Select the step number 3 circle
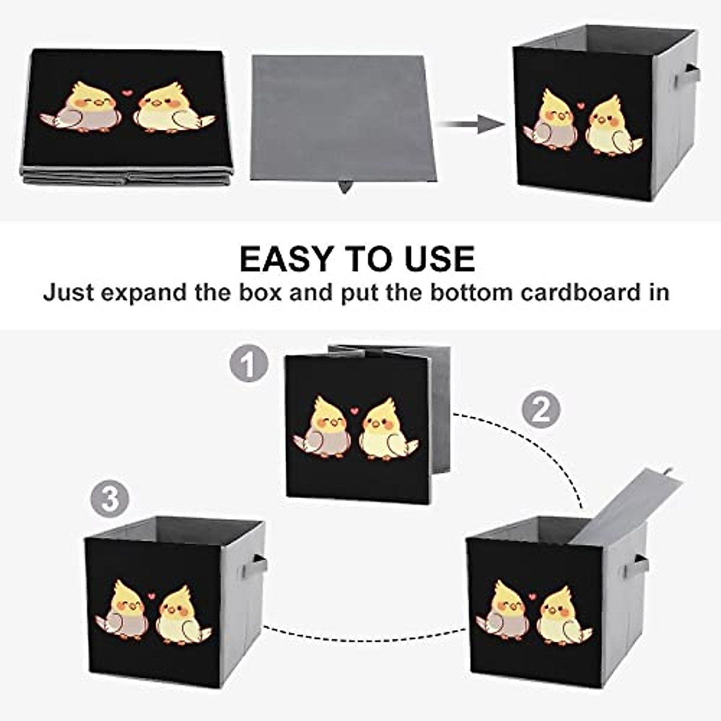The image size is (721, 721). pos(110,499)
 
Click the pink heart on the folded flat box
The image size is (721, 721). pos(126,93)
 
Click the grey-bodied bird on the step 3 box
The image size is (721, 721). pos(125,610)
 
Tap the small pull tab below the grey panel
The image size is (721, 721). pos(345,187)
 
